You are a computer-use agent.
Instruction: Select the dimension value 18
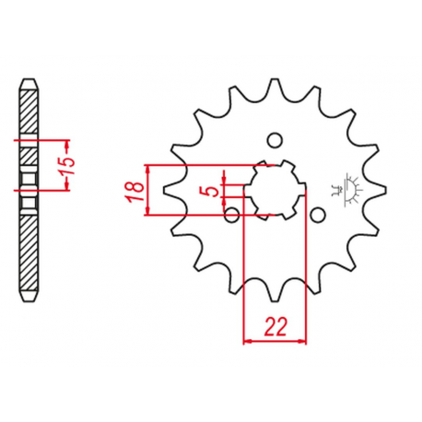[x=135, y=191]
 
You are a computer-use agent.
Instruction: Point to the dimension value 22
[x=274, y=325]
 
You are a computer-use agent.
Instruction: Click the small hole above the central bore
[x=273, y=141]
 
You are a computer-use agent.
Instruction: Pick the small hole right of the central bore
[x=318, y=215]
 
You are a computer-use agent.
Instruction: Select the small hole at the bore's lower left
[x=231, y=217]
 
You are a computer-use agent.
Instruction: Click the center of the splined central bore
[x=274, y=191]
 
